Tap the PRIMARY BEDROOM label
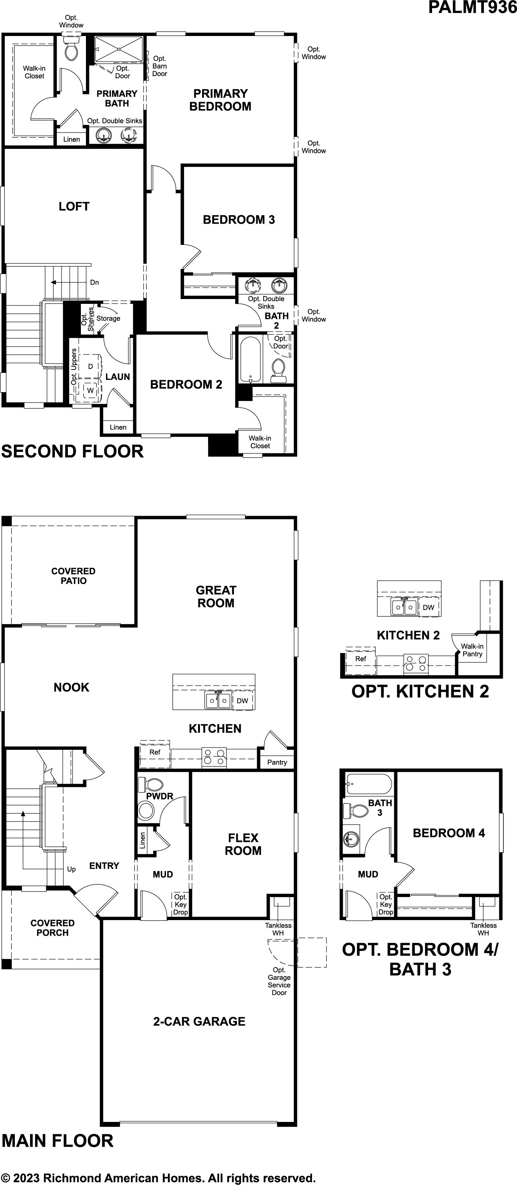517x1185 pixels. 220,100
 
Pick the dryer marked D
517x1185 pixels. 90,366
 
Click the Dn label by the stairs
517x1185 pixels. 94,282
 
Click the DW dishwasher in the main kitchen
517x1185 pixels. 243,700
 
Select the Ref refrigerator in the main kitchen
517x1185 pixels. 155,752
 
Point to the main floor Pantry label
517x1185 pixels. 277,762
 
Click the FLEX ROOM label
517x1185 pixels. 243,844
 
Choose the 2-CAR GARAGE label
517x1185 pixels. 199,1021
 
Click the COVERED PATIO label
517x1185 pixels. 73,576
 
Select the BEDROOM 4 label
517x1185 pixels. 449,833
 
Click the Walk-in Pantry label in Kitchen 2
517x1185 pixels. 472,650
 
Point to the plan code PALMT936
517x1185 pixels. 472,7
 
